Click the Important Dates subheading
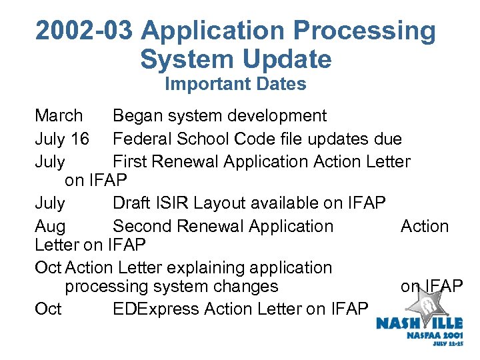[x=235, y=84]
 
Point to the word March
[x=59, y=116]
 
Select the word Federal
[x=145, y=139]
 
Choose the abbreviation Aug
[x=50, y=226]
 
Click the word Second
[x=145, y=226]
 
